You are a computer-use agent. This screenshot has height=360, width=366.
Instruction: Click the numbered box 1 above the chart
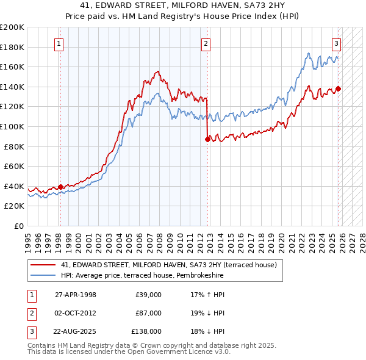point(59,43)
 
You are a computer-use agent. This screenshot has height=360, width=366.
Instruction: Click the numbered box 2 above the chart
point(206,43)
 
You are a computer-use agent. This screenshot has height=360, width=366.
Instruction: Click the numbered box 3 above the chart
point(336,43)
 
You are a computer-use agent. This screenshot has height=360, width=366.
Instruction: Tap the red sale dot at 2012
point(207,140)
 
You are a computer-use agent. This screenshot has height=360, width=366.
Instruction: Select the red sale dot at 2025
point(338,88)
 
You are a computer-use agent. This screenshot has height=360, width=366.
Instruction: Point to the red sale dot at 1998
point(60,187)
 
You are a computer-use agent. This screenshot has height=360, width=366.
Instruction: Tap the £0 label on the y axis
point(18,226)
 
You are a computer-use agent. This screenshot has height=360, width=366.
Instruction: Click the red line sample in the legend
point(43,265)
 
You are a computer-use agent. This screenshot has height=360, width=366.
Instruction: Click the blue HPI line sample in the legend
point(43,276)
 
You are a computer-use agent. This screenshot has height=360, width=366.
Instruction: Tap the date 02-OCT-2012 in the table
point(75,313)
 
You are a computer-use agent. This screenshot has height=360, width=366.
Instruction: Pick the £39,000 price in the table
point(148,295)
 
